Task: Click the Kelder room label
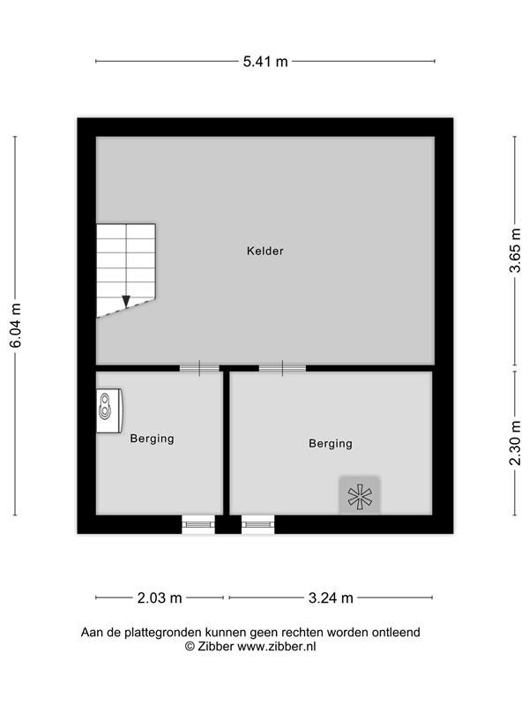point(265,251)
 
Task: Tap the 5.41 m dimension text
point(265,61)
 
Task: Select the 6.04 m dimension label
point(15,326)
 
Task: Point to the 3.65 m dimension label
point(515,251)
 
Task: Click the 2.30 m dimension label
point(515,443)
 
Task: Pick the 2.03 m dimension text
point(160,598)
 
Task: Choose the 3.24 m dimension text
point(331,598)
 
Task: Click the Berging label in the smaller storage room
point(152,439)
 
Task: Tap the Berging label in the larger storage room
point(331,444)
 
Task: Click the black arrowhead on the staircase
point(126,301)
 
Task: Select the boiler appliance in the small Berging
point(109,410)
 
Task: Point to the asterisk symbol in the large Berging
point(360,497)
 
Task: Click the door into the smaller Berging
point(200,368)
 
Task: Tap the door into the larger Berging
point(282,368)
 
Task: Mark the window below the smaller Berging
point(198,524)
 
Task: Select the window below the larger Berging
point(257,524)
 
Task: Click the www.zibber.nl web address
point(276,647)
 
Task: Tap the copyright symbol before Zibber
point(190,647)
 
